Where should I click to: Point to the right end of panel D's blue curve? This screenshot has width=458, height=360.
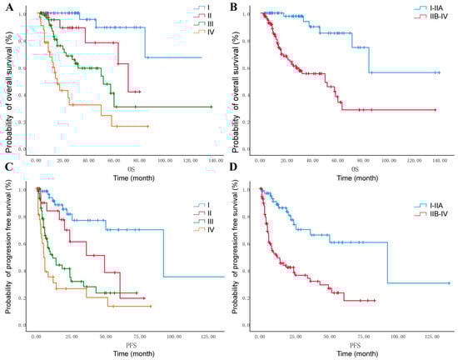pyautogui.click(x=450, y=283)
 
